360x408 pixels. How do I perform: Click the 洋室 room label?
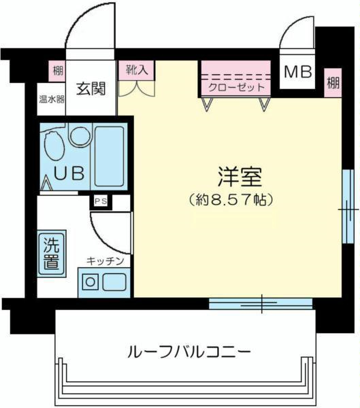(240, 177)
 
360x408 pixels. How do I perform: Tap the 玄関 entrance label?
(91, 88)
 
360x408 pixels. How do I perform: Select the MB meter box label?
(298, 71)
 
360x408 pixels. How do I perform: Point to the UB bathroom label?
(69, 173)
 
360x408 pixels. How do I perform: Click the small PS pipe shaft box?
(101, 201)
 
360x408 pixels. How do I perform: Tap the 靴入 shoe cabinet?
(137, 70)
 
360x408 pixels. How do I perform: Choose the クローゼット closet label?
(237, 87)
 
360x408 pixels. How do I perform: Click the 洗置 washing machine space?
(52, 254)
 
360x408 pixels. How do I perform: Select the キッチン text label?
(105, 261)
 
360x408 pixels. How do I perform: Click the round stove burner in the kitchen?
(91, 282)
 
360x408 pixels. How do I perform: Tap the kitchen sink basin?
(114, 282)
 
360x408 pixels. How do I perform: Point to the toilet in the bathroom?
(54, 146)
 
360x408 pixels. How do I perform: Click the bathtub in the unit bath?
(109, 156)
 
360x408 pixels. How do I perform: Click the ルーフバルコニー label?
(189, 352)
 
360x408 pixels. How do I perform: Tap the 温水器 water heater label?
(52, 99)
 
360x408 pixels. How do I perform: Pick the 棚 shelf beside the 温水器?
(58, 71)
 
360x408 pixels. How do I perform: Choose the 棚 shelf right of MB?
(333, 83)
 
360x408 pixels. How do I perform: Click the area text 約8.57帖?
(231, 199)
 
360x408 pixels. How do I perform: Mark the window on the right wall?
(348, 207)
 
